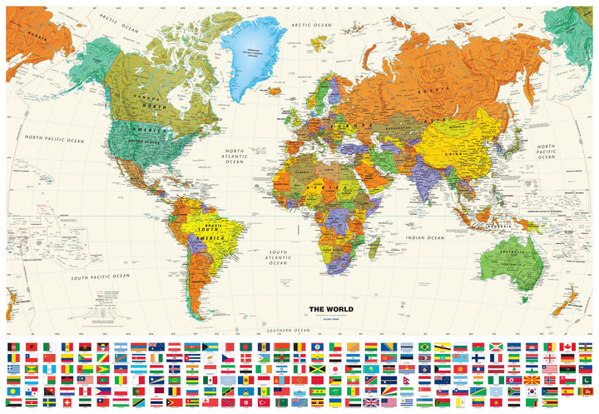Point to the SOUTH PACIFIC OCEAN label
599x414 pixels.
(x=100, y=276)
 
